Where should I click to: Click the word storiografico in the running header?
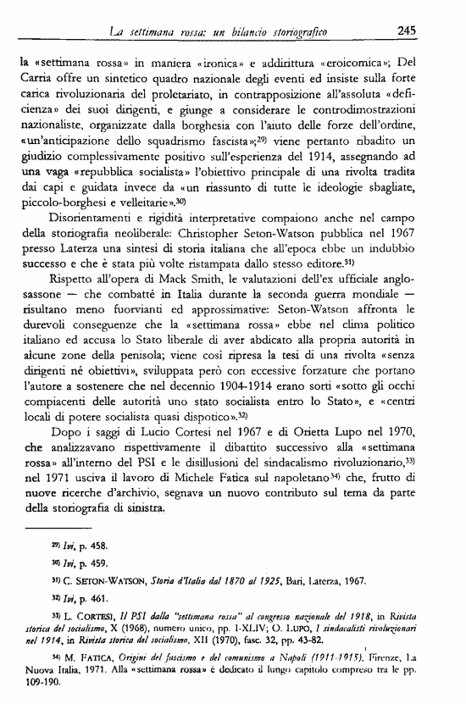295,32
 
